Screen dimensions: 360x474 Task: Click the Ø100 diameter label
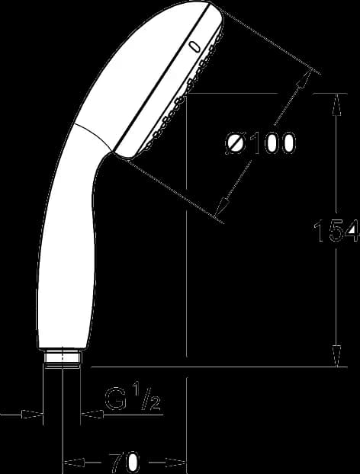pyautogui.click(x=260, y=143)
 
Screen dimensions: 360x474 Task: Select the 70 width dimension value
pyautogui.click(x=124, y=463)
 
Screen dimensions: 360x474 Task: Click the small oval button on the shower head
pyautogui.click(x=194, y=47)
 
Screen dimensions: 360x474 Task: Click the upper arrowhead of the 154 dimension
pyautogui.click(x=336, y=104)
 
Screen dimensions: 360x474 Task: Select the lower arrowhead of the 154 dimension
pyautogui.click(x=336, y=356)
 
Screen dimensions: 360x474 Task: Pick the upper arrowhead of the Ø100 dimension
pyautogui.click(x=304, y=78)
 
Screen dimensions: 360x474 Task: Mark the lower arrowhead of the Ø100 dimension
pyautogui.click(x=223, y=208)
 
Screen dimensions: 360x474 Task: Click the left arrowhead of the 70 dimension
pyautogui.click(x=73, y=463)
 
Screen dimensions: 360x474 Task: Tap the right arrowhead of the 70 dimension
pyautogui.click(x=175, y=463)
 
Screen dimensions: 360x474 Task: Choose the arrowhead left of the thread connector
pyautogui.click(x=32, y=414)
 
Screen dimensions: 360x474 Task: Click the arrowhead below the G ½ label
pyautogui.click(x=92, y=414)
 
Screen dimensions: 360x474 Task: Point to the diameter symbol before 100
pyautogui.click(x=235, y=143)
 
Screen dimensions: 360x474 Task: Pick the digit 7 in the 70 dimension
pyautogui.click(x=116, y=463)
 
